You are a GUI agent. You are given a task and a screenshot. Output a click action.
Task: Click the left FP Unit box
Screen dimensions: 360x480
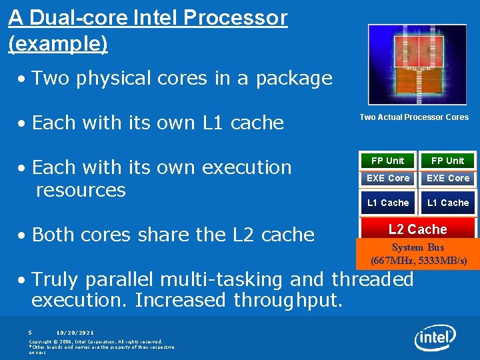[x=387, y=161]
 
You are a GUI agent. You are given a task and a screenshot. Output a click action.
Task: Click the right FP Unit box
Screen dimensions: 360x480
[x=447, y=161]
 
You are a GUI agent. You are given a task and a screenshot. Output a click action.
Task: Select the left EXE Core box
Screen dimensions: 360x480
[x=388, y=178]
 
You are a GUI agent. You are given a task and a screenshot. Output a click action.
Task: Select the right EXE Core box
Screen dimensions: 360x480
[x=447, y=178]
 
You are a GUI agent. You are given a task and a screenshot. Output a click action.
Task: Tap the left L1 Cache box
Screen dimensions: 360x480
[x=388, y=203]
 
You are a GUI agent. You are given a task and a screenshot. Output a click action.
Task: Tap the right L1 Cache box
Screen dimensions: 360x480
[x=447, y=203]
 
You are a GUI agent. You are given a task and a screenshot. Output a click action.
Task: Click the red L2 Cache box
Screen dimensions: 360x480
[x=417, y=229]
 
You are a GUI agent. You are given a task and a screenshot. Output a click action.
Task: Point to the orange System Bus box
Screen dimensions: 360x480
[x=418, y=254]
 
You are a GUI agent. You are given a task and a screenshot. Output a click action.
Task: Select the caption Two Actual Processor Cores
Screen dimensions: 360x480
[x=414, y=117]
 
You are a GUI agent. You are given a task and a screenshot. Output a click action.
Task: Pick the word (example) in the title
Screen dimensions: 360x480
[x=57, y=44]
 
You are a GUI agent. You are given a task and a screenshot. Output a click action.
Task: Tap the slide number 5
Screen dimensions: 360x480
[x=30, y=332]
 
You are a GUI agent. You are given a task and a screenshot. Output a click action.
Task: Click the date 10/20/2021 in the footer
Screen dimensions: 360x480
[x=75, y=332]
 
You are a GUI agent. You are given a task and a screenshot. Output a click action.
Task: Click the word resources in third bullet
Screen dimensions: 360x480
[x=81, y=190]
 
